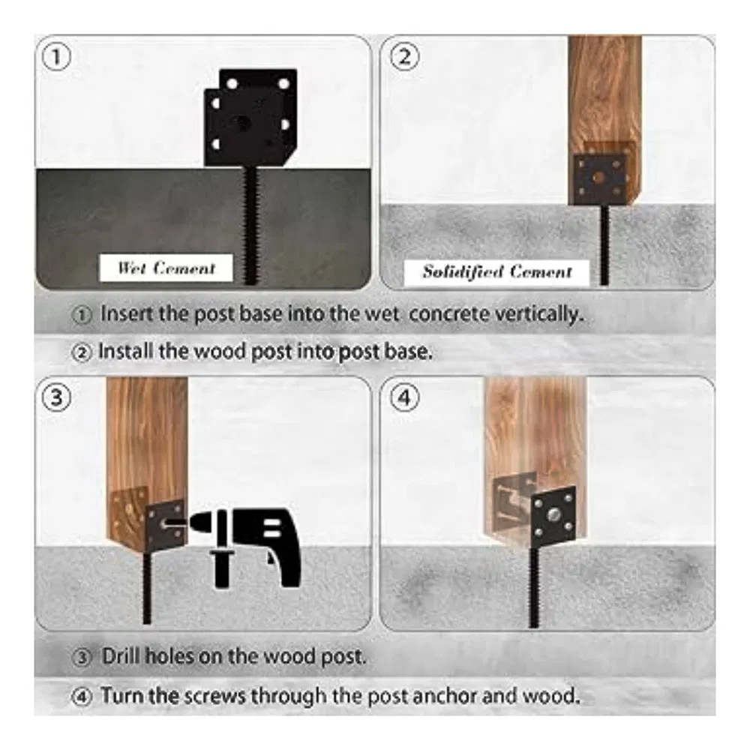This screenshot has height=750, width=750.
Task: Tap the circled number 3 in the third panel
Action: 56,398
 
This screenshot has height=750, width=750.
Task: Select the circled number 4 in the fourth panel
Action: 403,398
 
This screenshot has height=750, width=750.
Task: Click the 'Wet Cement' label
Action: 166,268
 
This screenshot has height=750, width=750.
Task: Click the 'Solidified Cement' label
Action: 496,271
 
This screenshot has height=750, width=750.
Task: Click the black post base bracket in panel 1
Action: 249,120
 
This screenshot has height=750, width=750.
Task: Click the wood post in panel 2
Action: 604,90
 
